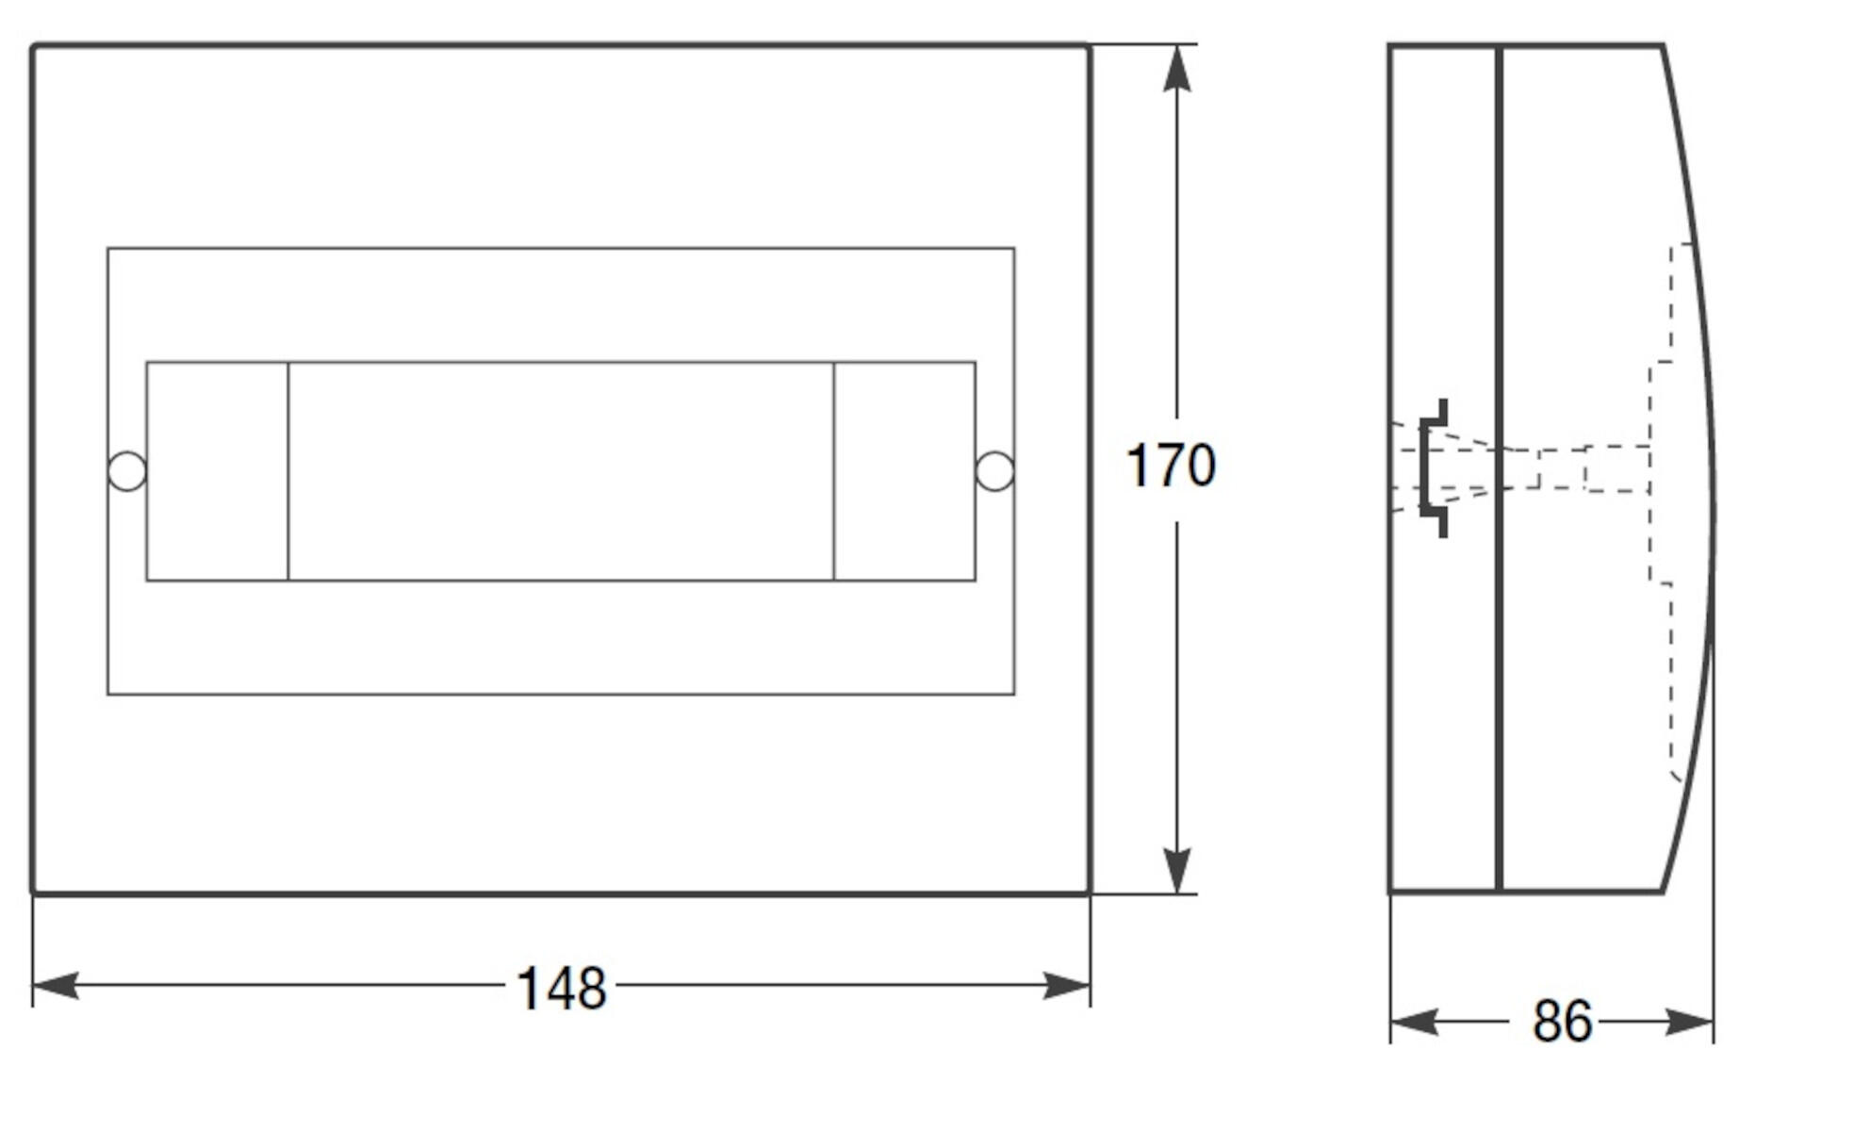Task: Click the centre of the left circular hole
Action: tap(127, 471)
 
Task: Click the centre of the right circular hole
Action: tap(994, 471)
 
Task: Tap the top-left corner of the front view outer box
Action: tap(33, 45)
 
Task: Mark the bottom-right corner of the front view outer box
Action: tap(1090, 893)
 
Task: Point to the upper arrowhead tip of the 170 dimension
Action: tap(1176, 45)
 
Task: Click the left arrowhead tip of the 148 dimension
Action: tap(33, 986)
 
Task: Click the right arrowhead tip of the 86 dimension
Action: tap(1713, 1022)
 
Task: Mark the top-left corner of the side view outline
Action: tap(1389, 45)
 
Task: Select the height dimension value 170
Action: tap(1171, 466)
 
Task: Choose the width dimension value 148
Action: tap(562, 989)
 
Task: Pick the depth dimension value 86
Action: tap(1562, 1022)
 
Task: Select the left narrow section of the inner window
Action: tap(218, 471)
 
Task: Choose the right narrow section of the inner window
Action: tap(905, 471)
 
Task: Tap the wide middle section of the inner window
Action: tap(561, 471)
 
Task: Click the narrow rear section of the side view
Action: tap(1443, 468)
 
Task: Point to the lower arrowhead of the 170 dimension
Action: tap(1176, 870)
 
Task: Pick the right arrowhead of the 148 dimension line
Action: tap(1067, 986)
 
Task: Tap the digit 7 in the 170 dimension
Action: tap(1171, 466)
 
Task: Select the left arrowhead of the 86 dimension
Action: tap(1414, 1022)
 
